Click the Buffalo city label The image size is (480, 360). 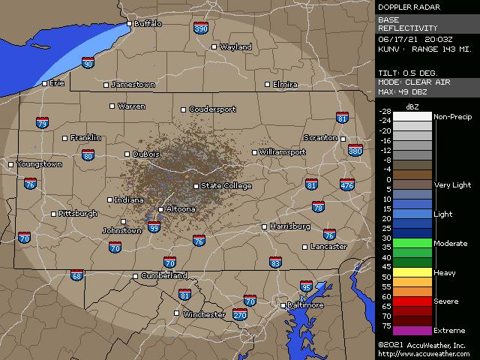tap(148, 24)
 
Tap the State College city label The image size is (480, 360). tap(226, 186)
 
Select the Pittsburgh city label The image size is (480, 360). tap(78, 214)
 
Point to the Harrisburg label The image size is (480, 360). tap(290, 226)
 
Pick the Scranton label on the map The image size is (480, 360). tap(320, 138)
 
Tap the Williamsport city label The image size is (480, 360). tap(283, 152)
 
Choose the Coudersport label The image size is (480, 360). tap(212, 109)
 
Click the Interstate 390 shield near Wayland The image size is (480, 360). tap(200, 28)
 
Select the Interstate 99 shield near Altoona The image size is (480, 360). tap(154, 226)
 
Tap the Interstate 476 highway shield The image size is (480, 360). tap(346, 184)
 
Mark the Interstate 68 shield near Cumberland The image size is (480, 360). tap(77, 275)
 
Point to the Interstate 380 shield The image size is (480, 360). tap(355, 151)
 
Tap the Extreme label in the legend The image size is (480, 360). tap(449, 331)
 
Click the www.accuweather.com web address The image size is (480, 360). tap(424, 354)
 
